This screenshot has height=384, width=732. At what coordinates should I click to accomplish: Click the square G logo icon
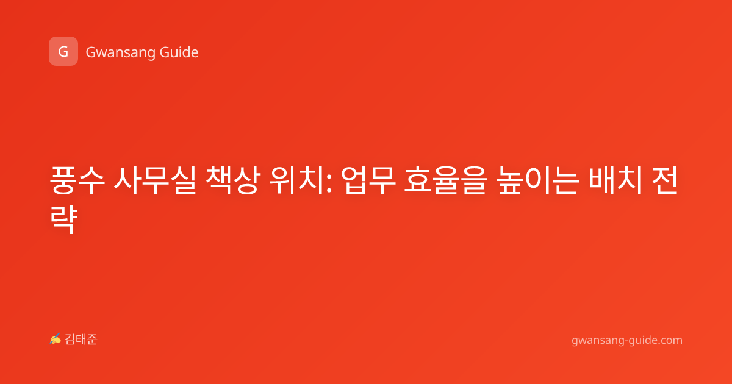point(63,51)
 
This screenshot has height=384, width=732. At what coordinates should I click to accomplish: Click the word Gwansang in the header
point(120,52)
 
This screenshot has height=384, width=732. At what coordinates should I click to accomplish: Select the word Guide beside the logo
point(179,52)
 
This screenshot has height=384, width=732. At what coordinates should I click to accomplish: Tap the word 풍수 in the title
point(77,180)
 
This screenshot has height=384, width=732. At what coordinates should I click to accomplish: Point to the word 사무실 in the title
point(155,180)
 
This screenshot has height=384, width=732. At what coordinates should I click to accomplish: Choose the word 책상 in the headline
point(233,180)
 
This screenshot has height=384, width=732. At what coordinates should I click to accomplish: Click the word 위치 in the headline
point(296,180)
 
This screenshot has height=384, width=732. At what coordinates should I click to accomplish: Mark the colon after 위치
point(329,185)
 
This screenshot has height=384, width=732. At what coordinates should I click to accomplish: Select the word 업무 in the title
point(368,180)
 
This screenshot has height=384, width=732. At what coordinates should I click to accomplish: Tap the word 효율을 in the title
point(446,180)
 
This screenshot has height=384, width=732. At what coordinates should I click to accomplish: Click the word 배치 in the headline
point(615,180)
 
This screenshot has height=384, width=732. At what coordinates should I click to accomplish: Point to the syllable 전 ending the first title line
point(665,180)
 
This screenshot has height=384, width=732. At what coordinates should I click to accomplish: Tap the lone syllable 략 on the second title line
point(63,219)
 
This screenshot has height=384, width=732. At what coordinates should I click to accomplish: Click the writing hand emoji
point(55,339)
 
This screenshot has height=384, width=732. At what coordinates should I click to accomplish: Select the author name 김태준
point(81,340)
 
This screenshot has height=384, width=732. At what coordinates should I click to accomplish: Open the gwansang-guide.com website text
point(627,340)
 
